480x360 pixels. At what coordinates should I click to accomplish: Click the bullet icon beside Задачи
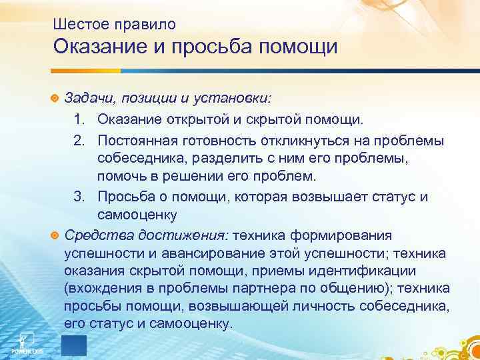(55, 99)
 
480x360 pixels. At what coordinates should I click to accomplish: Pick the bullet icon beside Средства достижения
(55, 235)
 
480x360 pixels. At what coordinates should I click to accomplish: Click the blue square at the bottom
(74, 346)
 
